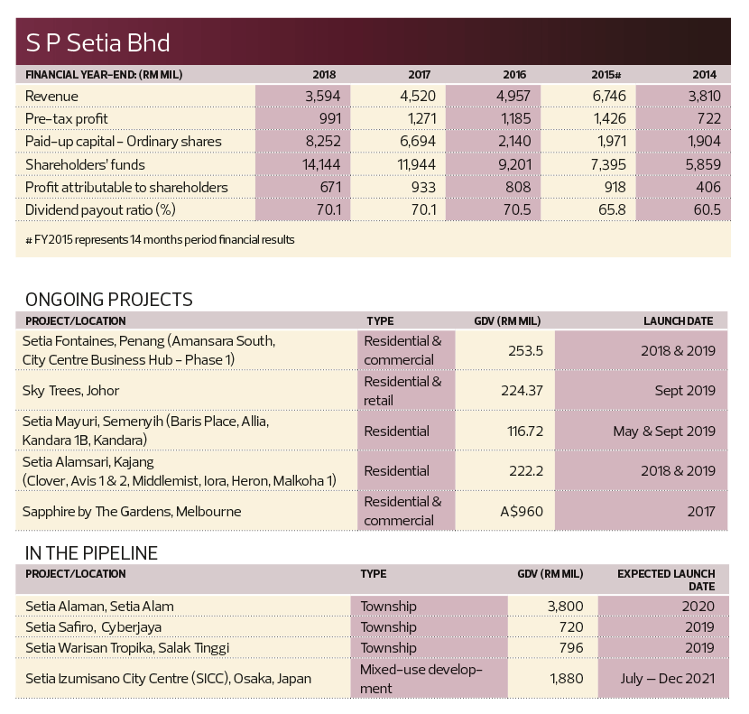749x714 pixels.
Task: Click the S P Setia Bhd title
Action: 97,42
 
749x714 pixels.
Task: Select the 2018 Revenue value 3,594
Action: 323,96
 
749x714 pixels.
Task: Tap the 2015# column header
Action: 606,75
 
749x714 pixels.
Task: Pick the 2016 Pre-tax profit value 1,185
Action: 516,118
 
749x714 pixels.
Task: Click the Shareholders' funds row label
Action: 85,164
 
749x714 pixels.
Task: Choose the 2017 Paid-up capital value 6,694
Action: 418,141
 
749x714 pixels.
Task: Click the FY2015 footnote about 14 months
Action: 160,239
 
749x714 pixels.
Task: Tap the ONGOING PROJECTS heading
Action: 109,300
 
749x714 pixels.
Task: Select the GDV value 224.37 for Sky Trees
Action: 522,391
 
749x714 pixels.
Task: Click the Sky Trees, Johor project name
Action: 70,391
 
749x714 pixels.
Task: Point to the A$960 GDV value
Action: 522,512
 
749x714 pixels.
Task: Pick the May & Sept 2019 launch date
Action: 664,431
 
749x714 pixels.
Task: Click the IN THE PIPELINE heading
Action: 91,553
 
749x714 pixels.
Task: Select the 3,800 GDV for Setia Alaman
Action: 566,606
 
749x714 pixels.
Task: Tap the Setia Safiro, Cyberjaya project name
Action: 94,627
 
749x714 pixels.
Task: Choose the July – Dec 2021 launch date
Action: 668,679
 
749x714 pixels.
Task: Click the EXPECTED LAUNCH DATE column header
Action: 666,580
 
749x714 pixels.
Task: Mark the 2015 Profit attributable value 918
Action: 615,187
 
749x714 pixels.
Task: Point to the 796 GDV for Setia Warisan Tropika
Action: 572,647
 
